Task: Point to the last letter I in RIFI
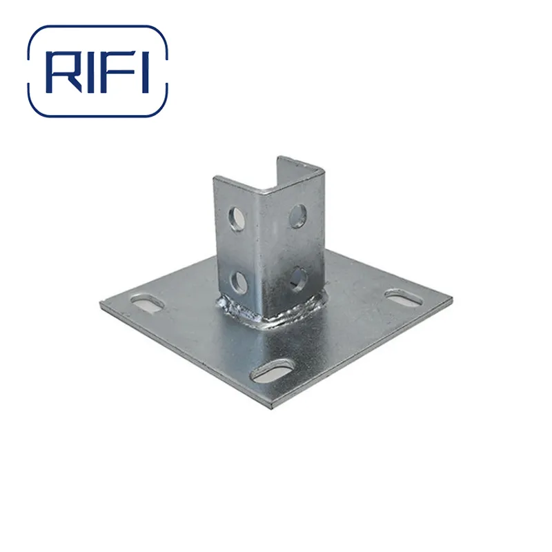(x=144, y=72)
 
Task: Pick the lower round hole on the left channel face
(x=239, y=281)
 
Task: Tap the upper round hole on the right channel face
(x=298, y=215)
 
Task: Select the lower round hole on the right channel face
(x=298, y=277)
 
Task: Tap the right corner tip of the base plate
(x=453, y=301)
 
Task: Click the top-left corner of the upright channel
(x=215, y=179)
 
